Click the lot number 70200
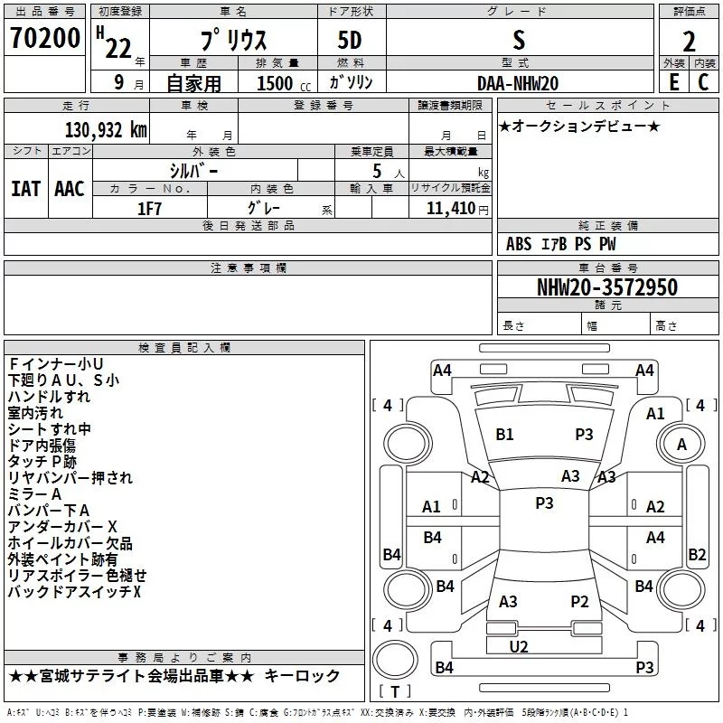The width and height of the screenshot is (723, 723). pyautogui.click(x=45, y=38)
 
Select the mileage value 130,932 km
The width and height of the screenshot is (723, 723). pyautogui.click(x=106, y=129)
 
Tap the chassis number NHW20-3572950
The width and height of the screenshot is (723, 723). pyautogui.click(x=607, y=287)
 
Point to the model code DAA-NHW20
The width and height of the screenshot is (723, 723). pyautogui.click(x=518, y=83)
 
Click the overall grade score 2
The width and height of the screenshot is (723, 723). pyautogui.click(x=689, y=42)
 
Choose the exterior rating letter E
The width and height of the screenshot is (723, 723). pyautogui.click(x=674, y=82)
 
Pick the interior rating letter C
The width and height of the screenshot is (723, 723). pyautogui.click(x=703, y=82)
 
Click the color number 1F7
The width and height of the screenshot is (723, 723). pyautogui.click(x=149, y=209)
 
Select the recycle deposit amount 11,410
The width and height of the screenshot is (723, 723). pyautogui.click(x=451, y=209)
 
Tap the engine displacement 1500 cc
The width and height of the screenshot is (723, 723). pyautogui.click(x=284, y=83)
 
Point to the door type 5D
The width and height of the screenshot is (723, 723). pyautogui.click(x=350, y=41)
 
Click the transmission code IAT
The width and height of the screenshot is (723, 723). pyautogui.click(x=26, y=189)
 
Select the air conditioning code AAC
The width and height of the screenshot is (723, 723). pyautogui.click(x=70, y=189)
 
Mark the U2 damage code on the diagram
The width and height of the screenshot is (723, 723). pyautogui.click(x=519, y=647)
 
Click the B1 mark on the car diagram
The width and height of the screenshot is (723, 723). pyautogui.click(x=504, y=435)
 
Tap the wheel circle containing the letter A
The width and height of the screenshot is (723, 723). pyautogui.click(x=681, y=444)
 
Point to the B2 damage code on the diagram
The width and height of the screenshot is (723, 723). pyautogui.click(x=697, y=554)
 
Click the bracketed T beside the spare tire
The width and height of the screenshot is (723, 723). pyautogui.click(x=395, y=691)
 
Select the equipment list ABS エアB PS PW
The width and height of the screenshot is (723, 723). pyautogui.click(x=560, y=244)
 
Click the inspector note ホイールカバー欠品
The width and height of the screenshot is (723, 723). pyautogui.click(x=70, y=543)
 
